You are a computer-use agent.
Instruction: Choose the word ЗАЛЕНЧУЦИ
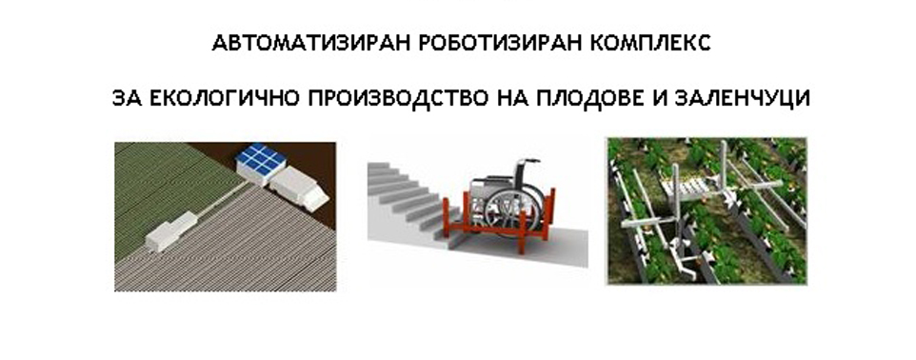742,98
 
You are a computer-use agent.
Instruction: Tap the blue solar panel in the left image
261,159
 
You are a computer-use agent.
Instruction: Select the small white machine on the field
170,232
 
